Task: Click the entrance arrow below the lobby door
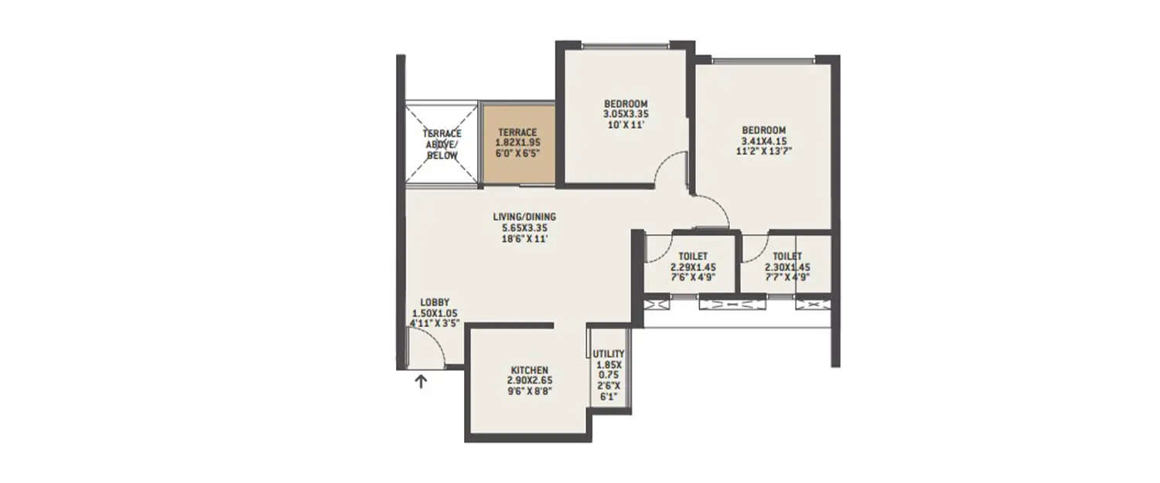point(421,380)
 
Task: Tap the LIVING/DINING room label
point(525,217)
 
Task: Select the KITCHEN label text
point(530,370)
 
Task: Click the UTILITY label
point(609,354)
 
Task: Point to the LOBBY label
point(435,302)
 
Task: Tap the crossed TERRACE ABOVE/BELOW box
point(442,144)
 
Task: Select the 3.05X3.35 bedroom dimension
point(626,114)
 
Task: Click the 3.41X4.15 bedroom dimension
point(764,141)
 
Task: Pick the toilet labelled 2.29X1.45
point(693,267)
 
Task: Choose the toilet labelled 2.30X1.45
point(786,267)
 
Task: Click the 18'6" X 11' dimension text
point(525,239)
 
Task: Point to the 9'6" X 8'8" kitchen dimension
point(530,392)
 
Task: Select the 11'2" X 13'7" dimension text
point(764,151)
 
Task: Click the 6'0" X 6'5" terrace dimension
point(517,153)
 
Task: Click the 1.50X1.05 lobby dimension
point(435,313)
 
